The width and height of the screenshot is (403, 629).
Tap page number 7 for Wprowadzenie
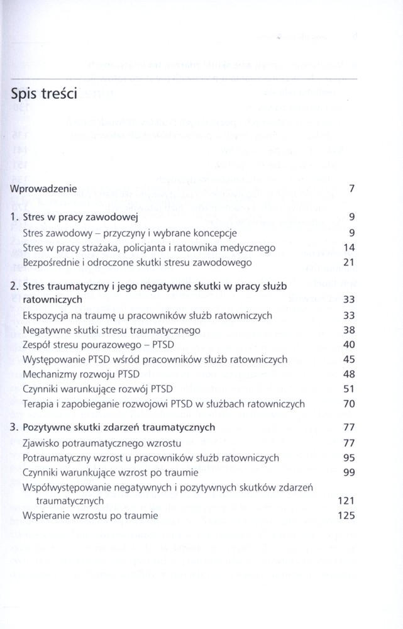[x=352, y=188]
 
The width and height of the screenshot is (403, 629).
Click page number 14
[x=350, y=247]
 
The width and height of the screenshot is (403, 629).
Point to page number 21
[x=350, y=262]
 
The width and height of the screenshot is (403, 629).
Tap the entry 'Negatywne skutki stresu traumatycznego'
[x=111, y=330]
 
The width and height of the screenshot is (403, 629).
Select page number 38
[x=350, y=330]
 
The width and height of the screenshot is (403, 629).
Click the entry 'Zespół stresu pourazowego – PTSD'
[x=101, y=345]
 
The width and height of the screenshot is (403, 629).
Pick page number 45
[x=350, y=359]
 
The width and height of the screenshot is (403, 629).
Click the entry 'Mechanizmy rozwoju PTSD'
[x=80, y=374]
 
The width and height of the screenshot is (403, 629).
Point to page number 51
[x=350, y=389]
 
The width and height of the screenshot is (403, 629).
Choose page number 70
[x=350, y=403]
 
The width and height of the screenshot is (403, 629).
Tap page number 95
[x=350, y=457]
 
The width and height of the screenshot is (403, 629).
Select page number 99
[x=350, y=472]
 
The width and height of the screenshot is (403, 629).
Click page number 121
[x=347, y=501]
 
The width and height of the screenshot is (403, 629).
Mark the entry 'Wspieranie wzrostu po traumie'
[x=90, y=516]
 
